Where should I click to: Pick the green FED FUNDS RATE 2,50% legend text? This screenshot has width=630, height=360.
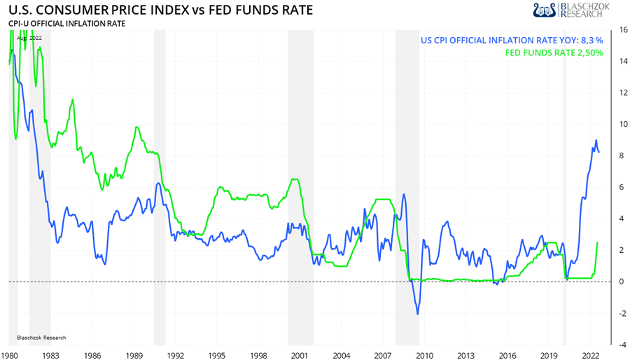[554, 53]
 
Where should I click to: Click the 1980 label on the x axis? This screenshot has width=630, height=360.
[10, 354]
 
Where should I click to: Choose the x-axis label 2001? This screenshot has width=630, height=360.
[301, 354]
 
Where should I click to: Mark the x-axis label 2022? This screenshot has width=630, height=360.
[589, 354]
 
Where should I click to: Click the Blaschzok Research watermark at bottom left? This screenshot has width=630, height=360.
[41, 337]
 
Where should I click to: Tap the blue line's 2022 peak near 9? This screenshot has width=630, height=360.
[596, 140]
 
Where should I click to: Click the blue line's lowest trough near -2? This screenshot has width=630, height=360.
[418, 314]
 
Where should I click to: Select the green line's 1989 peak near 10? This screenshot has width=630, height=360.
[136, 127]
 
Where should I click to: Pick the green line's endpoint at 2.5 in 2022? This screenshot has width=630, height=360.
[597, 242]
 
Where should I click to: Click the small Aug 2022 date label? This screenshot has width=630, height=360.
[30, 38]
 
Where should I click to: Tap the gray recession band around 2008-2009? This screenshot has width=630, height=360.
[407, 189]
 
